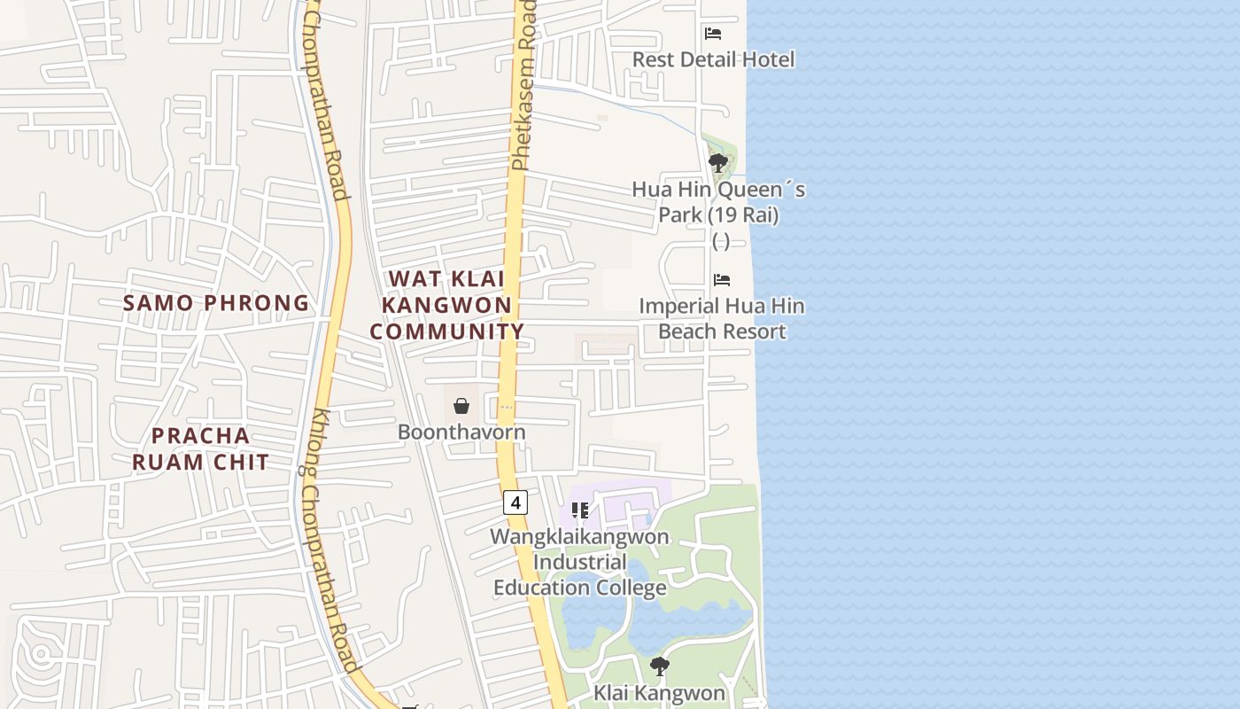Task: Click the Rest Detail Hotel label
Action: pyautogui.click(x=713, y=59)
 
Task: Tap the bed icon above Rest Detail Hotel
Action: pyautogui.click(x=713, y=34)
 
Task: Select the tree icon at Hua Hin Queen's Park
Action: pyautogui.click(x=718, y=163)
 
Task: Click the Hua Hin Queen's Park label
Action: pyautogui.click(x=718, y=202)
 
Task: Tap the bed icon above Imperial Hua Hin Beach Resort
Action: pyautogui.click(x=722, y=280)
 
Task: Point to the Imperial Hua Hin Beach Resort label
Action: pyautogui.click(x=722, y=318)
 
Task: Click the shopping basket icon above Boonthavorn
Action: pyautogui.click(x=461, y=406)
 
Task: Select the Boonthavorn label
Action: pyautogui.click(x=461, y=432)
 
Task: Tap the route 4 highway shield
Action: pyautogui.click(x=515, y=503)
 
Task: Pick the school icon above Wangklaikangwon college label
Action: pyautogui.click(x=580, y=510)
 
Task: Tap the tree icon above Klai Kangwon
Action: pyautogui.click(x=659, y=666)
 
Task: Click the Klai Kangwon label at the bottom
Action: pyautogui.click(x=659, y=693)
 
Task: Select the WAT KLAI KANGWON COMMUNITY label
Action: pyautogui.click(x=447, y=305)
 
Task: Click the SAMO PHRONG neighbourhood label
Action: pyautogui.click(x=216, y=303)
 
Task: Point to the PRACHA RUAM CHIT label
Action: pyautogui.click(x=201, y=448)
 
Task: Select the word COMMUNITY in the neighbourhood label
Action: pyautogui.click(x=447, y=331)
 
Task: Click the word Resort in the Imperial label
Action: pyautogui.click(x=754, y=331)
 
